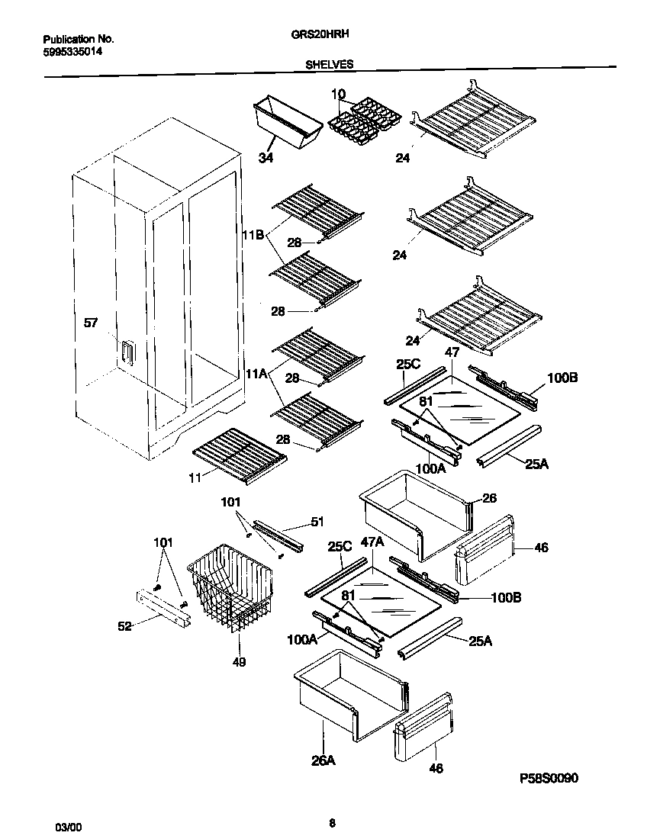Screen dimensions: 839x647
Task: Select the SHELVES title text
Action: [329, 65]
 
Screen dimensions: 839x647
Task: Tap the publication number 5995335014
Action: [72, 51]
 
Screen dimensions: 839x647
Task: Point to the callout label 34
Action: [266, 158]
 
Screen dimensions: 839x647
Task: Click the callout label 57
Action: [91, 323]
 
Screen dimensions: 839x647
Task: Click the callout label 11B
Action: [253, 236]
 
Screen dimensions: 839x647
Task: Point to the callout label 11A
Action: [256, 374]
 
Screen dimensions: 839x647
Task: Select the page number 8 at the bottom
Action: [331, 822]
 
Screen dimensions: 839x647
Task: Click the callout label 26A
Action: [323, 760]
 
